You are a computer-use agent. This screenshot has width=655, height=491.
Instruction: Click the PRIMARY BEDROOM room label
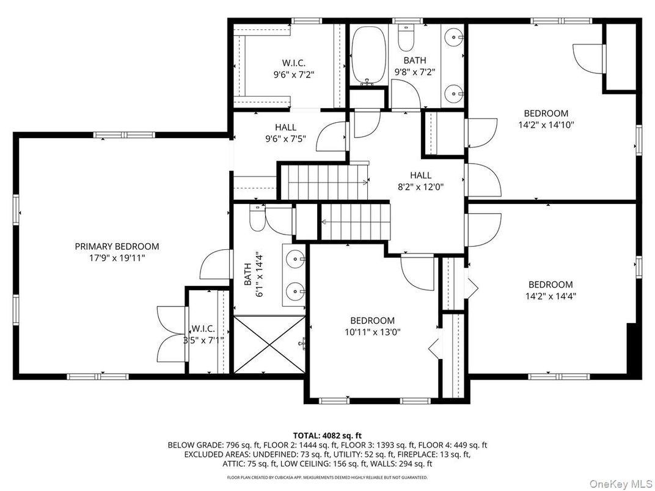pos(117,246)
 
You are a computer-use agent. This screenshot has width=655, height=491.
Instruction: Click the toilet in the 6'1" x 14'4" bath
pos(257,218)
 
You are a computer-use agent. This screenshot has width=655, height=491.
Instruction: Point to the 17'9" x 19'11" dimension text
pos(117,258)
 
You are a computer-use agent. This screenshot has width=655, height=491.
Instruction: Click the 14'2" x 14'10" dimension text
pos(546,125)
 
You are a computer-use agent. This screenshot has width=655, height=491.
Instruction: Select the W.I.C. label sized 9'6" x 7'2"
pos(293,63)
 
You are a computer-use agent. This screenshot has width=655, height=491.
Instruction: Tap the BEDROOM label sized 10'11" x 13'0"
pos(372,321)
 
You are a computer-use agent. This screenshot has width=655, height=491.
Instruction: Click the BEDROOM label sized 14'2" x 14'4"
pos(551,285)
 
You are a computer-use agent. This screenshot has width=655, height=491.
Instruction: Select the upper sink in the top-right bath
pos(453,37)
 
